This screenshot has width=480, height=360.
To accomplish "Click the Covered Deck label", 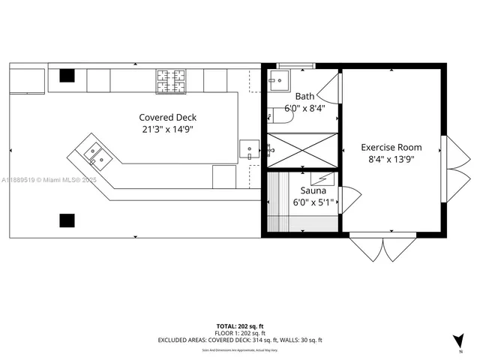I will pos(168,118).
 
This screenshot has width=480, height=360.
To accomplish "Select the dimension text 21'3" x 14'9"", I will pos(168,130).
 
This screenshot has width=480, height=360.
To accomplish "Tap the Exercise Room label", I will pos(391,147).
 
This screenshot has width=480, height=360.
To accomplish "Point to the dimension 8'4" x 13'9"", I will pos(391,159).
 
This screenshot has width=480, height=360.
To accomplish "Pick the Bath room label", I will pos(304,96).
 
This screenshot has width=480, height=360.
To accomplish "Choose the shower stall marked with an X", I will pos(302,152).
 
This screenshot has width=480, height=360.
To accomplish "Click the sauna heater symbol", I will pos(324,178).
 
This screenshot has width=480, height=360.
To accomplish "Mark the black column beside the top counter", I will pos(67,75).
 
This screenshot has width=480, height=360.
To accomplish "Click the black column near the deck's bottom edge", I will pos(67,220).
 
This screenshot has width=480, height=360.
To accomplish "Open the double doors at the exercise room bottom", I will pos(383,248).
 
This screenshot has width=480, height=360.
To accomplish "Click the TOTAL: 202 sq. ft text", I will pos(240,326).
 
